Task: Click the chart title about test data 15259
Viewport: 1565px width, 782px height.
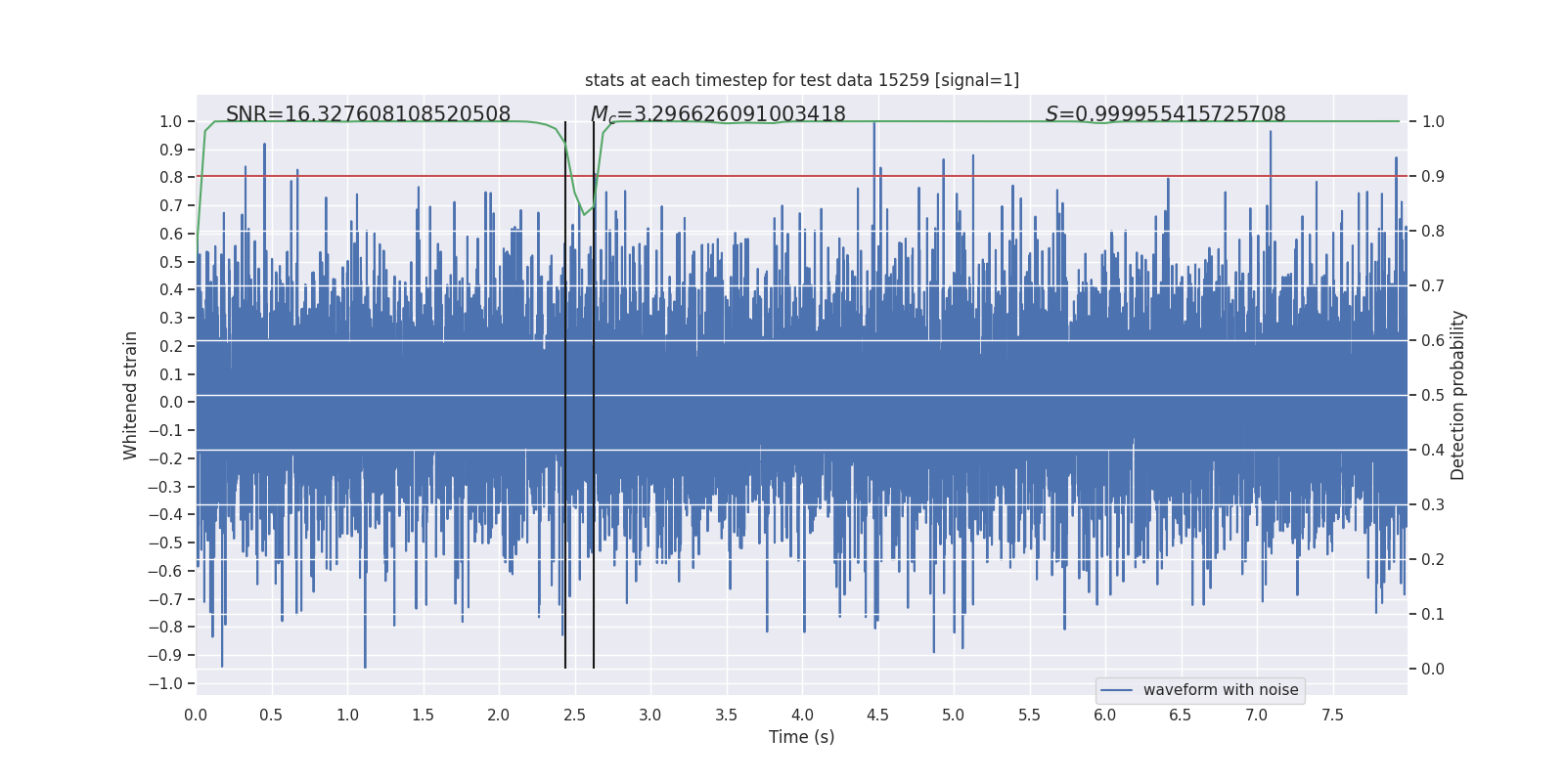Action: click(801, 80)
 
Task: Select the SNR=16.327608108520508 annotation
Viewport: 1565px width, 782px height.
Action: click(368, 114)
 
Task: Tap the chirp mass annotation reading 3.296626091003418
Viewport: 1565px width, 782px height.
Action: click(718, 114)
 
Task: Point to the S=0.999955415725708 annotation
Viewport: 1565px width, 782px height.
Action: click(1165, 114)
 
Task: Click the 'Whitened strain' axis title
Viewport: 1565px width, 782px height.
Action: click(131, 395)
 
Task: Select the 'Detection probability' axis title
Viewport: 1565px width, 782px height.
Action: click(1458, 395)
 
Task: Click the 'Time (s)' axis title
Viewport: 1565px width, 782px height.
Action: click(801, 737)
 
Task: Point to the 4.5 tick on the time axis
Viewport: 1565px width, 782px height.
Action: click(877, 715)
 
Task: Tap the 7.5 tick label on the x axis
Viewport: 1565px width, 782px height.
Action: click(1332, 715)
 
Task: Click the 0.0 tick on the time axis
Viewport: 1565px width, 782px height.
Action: click(196, 715)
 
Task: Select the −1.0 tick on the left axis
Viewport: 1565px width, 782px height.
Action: click(165, 683)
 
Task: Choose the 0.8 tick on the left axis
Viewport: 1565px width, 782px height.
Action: click(170, 177)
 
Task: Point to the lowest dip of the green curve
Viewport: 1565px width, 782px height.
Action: click(584, 214)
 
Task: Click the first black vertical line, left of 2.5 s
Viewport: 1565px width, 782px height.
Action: click(565, 391)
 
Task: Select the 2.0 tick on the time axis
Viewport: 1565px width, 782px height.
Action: click(499, 715)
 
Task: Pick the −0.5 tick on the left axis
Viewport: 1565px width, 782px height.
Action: click(165, 543)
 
